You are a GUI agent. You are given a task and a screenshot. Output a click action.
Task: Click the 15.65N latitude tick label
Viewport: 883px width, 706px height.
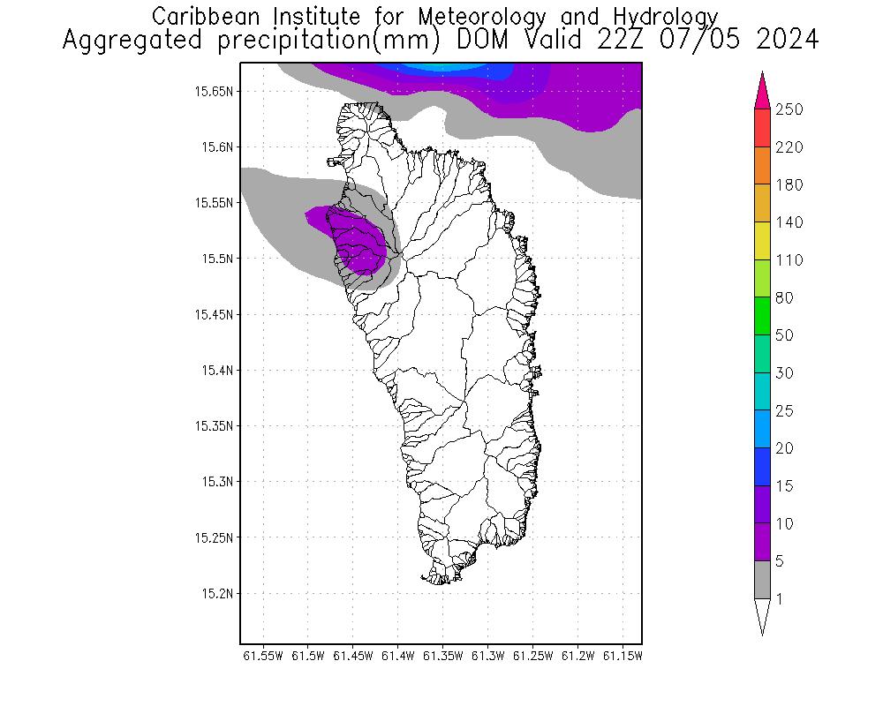click(x=215, y=91)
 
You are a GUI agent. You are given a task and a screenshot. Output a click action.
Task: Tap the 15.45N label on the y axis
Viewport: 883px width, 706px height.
click(x=215, y=314)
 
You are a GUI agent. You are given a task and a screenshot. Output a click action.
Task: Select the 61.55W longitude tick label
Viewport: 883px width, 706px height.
click(x=262, y=656)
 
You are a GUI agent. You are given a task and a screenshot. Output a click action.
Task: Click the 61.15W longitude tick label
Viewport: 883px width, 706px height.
click(x=623, y=656)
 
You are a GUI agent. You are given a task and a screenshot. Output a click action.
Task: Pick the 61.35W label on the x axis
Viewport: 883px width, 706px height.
click(x=442, y=656)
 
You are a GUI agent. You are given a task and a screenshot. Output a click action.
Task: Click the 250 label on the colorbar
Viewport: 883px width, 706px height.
click(x=789, y=109)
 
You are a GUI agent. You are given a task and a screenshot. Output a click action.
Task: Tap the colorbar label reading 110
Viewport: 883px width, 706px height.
click(x=789, y=260)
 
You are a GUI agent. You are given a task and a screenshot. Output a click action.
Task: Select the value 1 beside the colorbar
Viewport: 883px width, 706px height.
click(x=779, y=599)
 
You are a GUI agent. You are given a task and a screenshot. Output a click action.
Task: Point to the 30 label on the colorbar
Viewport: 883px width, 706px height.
click(x=784, y=373)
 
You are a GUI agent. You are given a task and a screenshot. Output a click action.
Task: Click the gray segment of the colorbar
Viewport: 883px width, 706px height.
click(x=762, y=580)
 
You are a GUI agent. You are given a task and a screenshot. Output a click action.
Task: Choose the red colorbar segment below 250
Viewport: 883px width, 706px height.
click(x=762, y=128)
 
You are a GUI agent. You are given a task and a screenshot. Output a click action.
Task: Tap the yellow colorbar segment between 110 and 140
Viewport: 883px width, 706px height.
click(x=762, y=241)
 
